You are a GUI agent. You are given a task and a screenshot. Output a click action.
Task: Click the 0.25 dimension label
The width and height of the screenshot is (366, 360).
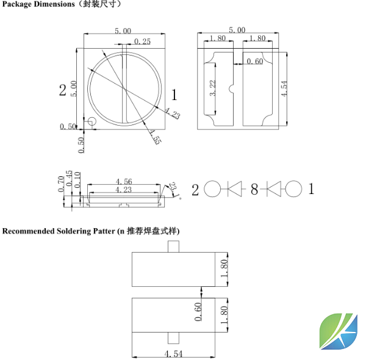(x=142, y=41)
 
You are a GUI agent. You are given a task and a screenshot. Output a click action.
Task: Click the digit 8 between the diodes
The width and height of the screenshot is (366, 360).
(x=254, y=190)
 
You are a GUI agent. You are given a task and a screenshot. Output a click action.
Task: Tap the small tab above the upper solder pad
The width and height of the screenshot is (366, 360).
(x=173, y=247)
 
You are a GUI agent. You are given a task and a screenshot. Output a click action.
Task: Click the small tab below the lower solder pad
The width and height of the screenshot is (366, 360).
(x=173, y=337)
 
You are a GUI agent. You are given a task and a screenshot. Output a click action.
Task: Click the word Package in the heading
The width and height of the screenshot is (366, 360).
(x=16, y=4)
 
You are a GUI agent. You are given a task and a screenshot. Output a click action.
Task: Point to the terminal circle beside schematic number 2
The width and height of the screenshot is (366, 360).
(x=212, y=189)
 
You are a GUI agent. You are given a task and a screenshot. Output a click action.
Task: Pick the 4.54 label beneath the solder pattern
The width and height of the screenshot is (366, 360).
(x=174, y=353)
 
